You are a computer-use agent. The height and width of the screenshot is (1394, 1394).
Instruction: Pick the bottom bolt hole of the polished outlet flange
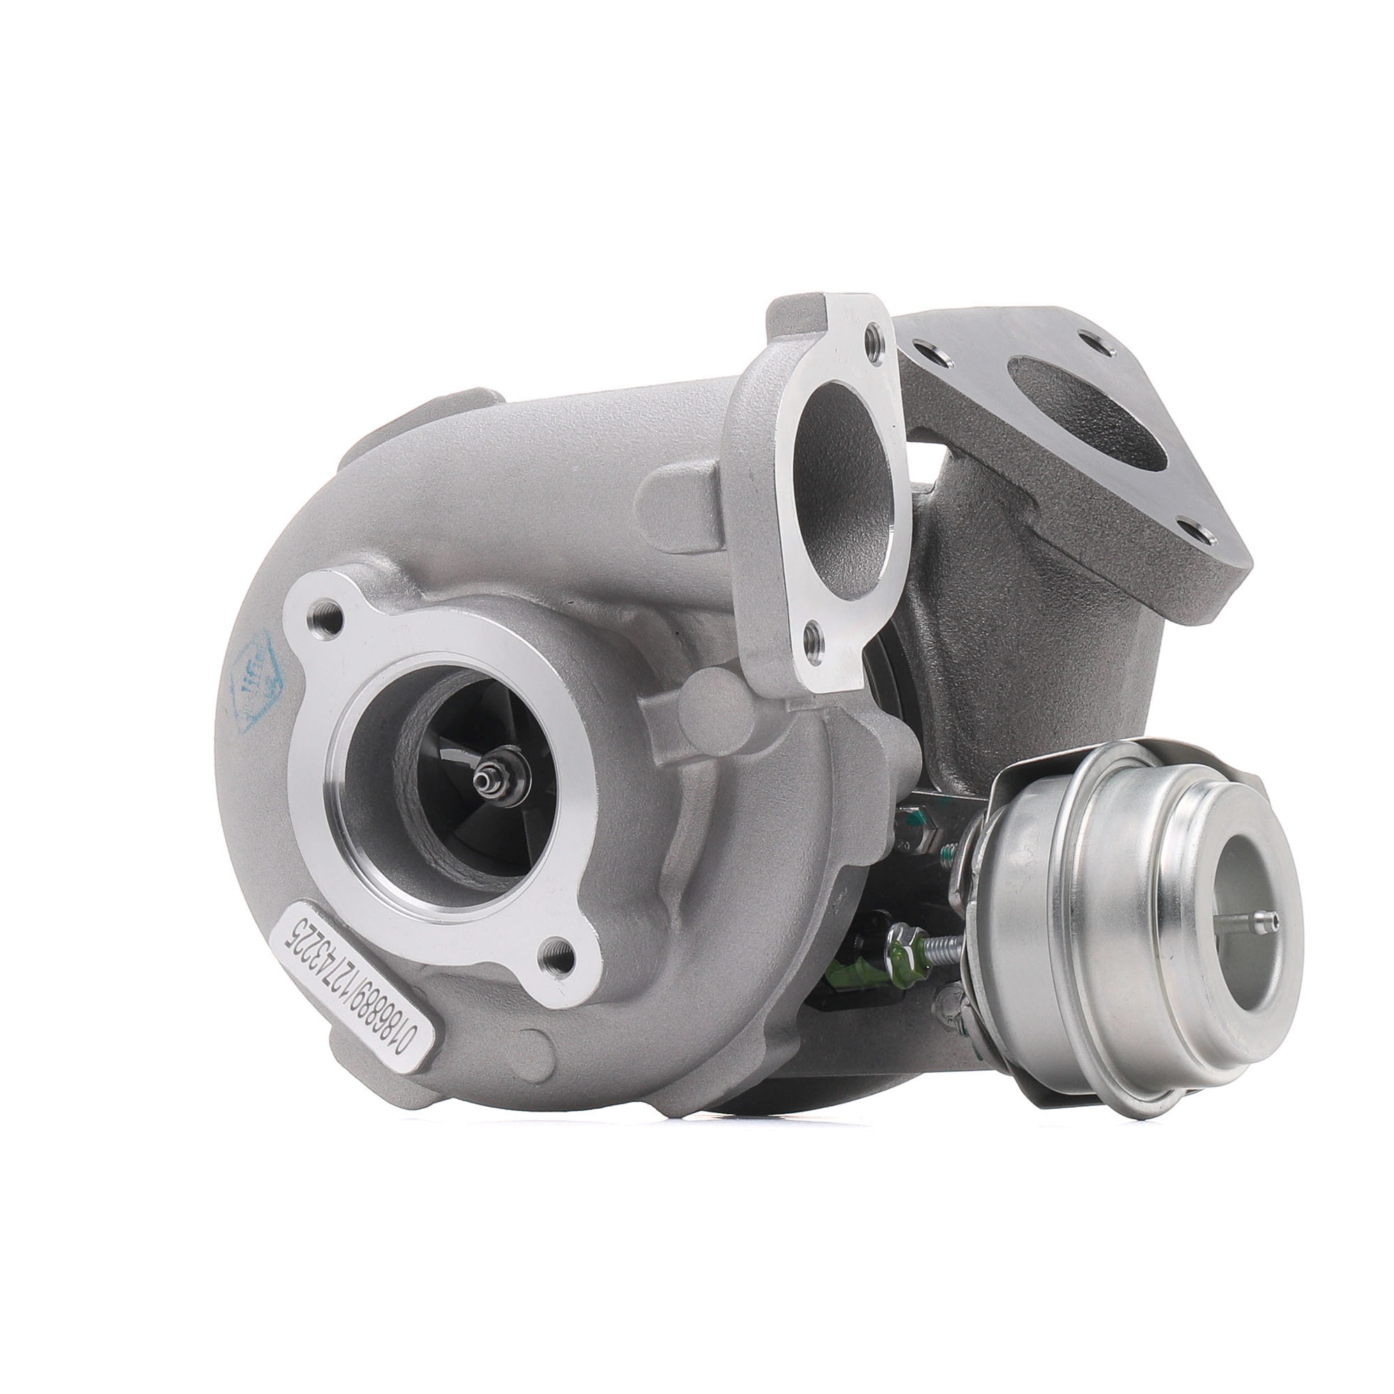coord(815,638)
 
